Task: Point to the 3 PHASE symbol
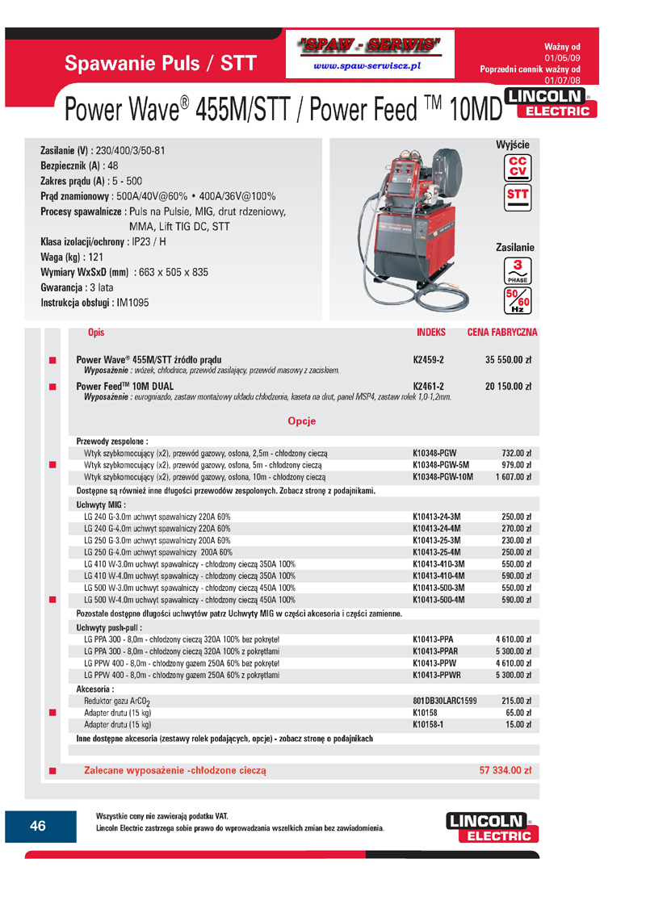(517, 272)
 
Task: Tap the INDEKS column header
(431, 333)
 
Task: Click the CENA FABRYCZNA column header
(502, 333)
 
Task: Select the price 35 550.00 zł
(508, 359)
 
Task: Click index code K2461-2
(429, 386)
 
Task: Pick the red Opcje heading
(301, 421)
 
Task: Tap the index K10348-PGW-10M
(443, 477)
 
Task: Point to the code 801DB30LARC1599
(444, 701)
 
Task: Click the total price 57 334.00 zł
(505, 771)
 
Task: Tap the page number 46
(38, 826)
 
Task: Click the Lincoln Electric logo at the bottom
(491, 827)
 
